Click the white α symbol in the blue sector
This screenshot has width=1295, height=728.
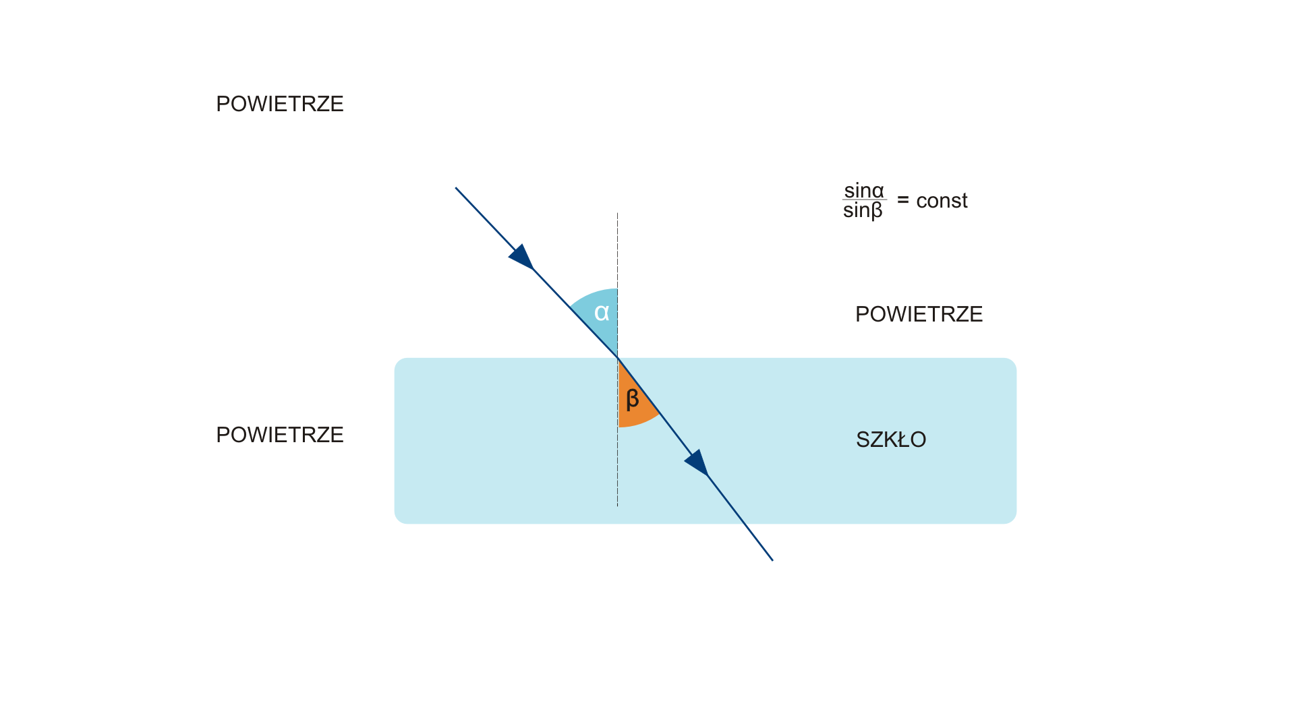click(602, 313)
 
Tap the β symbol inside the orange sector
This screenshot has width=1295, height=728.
click(632, 399)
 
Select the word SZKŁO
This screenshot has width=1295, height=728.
click(890, 439)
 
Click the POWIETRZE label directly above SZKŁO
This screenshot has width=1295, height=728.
click(919, 314)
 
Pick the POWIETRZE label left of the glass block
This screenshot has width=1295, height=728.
click(279, 435)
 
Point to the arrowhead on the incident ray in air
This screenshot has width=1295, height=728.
click(523, 257)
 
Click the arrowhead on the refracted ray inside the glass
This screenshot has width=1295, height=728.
click(697, 463)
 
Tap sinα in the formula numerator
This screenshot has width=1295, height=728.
click(863, 190)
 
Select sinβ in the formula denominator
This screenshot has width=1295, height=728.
click(863, 211)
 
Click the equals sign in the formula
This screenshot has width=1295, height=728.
click(903, 200)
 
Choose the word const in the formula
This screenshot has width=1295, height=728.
click(942, 201)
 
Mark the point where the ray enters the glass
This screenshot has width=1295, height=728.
click(618, 358)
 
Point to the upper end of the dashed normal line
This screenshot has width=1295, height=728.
click(617, 214)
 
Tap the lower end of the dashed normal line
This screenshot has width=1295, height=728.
click(617, 505)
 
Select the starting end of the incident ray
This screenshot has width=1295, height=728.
click(456, 188)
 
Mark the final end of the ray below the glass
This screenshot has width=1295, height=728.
click(772, 560)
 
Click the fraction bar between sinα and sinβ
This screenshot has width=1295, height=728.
click(863, 200)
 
